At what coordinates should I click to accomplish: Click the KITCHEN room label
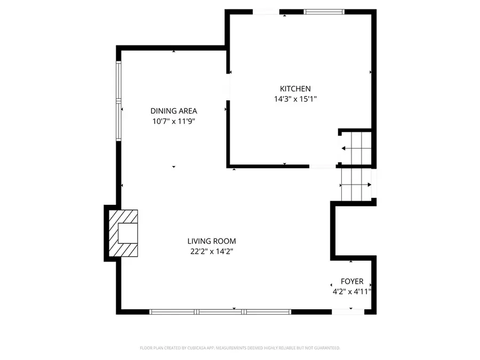click(x=295, y=89)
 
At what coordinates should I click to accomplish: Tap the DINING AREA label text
click(x=173, y=111)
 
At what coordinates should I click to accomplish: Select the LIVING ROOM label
click(x=212, y=241)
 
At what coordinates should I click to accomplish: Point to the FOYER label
click(x=352, y=281)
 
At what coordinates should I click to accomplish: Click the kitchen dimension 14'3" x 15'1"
click(x=295, y=99)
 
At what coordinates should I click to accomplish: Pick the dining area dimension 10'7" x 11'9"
click(x=173, y=121)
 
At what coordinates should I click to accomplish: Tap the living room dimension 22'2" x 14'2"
click(x=212, y=252)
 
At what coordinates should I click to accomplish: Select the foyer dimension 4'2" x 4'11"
click(x=352, y=291)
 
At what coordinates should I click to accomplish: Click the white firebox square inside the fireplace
click(x=127, y=233)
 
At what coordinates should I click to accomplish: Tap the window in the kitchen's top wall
click(x=324, y=12)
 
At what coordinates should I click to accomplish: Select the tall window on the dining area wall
click(x=118, y=101)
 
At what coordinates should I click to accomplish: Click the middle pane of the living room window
click(x=220, y=312)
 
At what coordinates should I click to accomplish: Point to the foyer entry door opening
click(x=348, y=312)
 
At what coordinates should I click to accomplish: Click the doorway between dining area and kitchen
click(x=228, y=87)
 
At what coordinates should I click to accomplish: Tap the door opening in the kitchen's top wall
click(x=266, y=12)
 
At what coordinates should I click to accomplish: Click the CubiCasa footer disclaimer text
click(x=240, y=348)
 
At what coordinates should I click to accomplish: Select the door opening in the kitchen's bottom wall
click(x=322, y=166)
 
